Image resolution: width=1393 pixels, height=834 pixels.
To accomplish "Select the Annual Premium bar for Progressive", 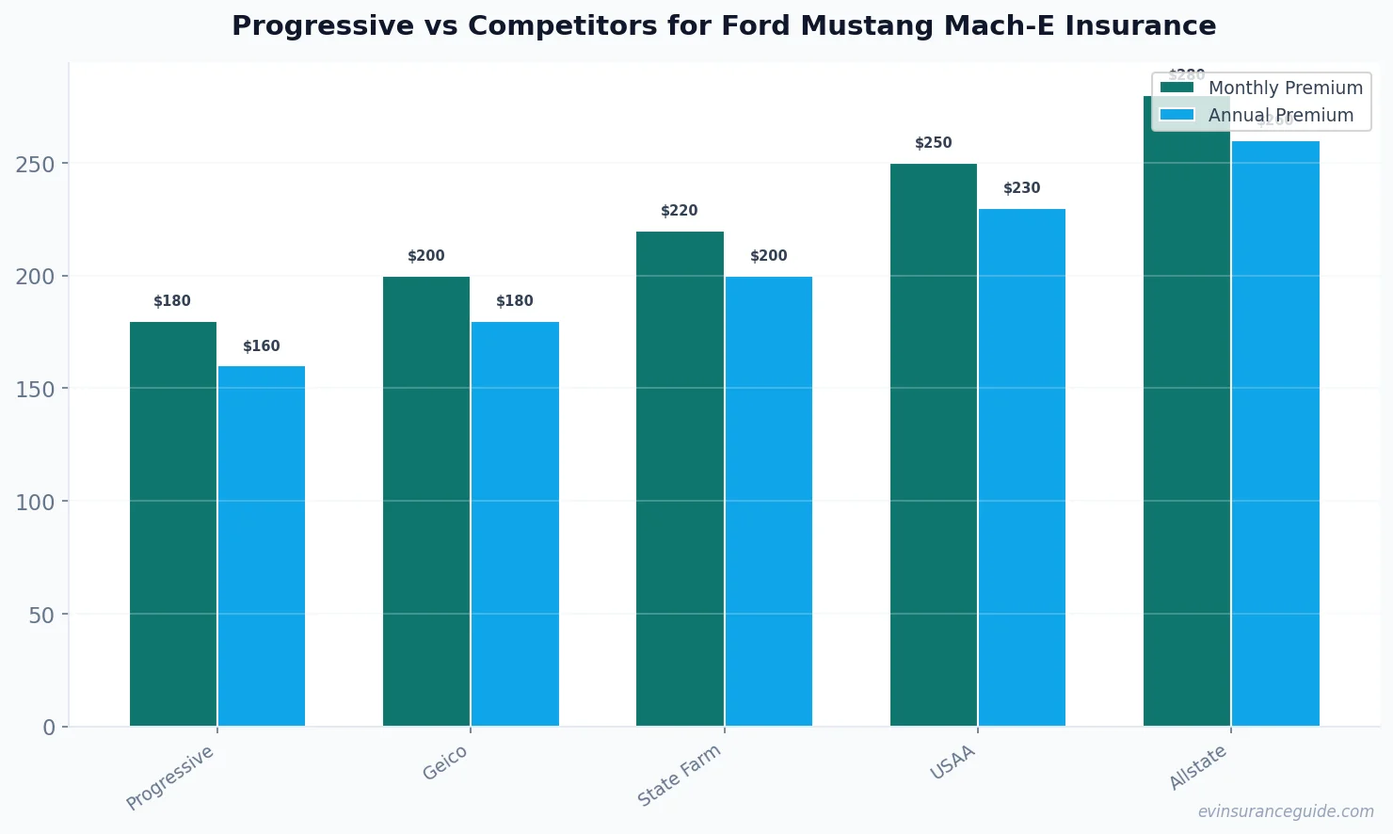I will point(262,546).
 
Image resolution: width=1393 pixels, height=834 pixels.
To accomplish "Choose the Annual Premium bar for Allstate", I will point(1275,433).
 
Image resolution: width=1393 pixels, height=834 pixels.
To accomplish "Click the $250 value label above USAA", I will point(934,143).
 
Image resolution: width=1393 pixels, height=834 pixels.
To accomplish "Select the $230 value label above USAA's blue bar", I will point(1021,188).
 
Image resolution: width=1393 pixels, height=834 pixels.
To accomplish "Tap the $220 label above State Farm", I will point(680,211).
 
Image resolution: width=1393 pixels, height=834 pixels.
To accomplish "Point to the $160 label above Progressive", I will point(262,346).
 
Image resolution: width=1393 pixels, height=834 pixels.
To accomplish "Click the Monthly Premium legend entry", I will point(1261,88).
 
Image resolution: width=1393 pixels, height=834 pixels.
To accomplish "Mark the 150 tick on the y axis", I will point(35,389).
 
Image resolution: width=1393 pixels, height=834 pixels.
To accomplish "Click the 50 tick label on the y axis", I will point(41,615).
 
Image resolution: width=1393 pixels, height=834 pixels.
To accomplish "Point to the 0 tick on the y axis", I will point(49,728).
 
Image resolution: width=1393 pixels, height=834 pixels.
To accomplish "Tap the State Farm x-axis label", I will point(679,775).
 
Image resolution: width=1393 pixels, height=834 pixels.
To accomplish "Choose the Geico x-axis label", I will point(444,763).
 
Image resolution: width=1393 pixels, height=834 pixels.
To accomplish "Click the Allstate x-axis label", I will point(1197,766).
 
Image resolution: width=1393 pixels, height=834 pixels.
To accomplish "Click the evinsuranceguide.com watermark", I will point(1285,811).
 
